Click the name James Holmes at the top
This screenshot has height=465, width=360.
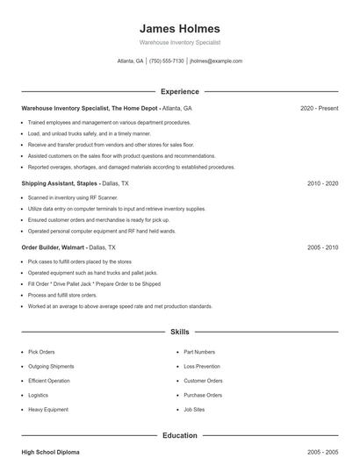click(180, 28)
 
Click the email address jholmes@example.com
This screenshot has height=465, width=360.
click(216, 61)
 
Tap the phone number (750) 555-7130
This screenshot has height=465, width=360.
click(167, 61)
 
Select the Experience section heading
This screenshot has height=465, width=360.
click(180, 91)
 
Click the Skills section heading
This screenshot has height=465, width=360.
click(180, 333)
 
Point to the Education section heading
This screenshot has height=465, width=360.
click(180, 435)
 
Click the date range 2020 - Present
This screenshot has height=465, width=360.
click(319, 108)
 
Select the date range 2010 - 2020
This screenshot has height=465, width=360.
click(322, 184)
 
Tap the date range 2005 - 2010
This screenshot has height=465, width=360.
click(322, 248)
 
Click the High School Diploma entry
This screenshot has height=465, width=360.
click(50, 452)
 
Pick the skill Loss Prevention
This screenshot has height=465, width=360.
click(202, 366)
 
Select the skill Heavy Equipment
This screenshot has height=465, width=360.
click(48, 411)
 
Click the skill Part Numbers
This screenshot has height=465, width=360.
click(200, 351)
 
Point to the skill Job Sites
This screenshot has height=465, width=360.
click(195, 411)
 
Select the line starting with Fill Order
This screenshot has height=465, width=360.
click(94, 284)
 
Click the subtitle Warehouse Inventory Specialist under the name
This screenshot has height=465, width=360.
click(180, 42)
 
